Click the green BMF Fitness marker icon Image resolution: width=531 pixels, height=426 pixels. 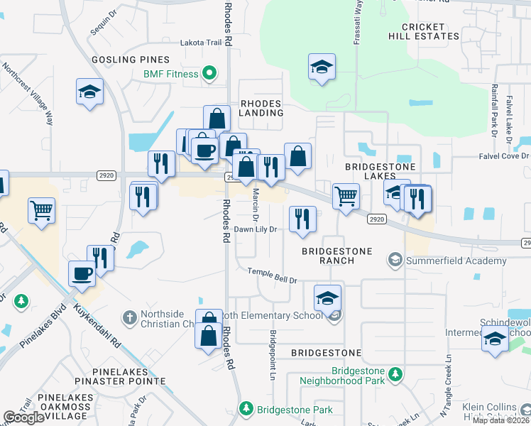tap(210, 72)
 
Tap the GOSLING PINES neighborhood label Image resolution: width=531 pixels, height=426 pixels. tap(130, 60)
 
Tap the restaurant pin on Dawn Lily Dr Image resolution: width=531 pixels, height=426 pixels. tap(302, 218)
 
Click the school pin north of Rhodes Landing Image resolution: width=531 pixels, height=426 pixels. tap(322, 67)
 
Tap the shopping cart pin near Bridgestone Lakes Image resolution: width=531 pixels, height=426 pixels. tap(346, 195)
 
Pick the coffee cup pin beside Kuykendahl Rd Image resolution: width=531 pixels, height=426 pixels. tap(82, 273)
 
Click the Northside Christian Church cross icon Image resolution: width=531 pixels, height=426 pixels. tap(128, 316)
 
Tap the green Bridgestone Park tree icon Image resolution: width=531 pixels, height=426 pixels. tap(246, 409)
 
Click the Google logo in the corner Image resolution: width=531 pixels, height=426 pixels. tap(23, 417)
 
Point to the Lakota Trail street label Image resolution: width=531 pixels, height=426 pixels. tap(202, 43)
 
